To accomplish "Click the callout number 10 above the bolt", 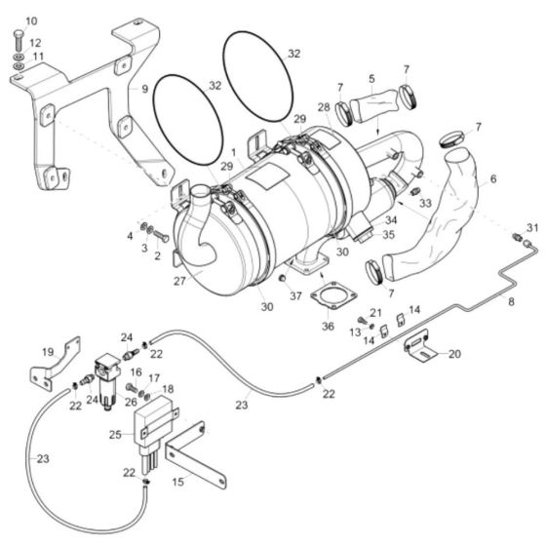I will coord(30,20).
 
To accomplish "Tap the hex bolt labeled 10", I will coord(17,39).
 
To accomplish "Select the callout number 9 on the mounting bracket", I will coord(144,90).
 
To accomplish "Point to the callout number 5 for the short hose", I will coord(370,78).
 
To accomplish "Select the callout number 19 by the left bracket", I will coord(47,351).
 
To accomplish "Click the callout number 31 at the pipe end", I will coord(529,228).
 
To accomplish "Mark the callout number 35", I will coord(388,235).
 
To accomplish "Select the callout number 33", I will coord(425,204).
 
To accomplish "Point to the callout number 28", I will coord(323,105).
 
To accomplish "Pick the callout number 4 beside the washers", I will coord(129,235).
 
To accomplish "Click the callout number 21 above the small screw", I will coord(375,312).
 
